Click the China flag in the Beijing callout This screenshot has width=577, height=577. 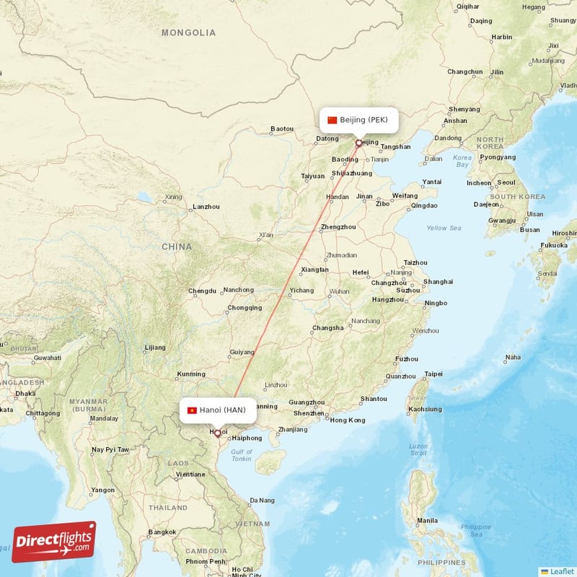(332, 120)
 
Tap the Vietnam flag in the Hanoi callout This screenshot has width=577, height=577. (192, 410)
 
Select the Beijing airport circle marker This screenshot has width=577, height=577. (358, 143)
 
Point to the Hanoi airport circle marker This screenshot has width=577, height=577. (217, 433)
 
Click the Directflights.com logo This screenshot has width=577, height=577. (54, 542)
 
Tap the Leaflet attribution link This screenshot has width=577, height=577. (561, 571)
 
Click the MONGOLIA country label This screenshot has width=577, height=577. (188, 32)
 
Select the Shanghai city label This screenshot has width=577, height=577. (438, 281)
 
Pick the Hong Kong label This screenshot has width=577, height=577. (347, 420)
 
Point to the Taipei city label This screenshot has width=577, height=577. (434, 374)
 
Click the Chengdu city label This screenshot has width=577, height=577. (202, 291)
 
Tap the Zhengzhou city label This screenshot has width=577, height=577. (338, 226)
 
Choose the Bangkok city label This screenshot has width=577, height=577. (161, 532)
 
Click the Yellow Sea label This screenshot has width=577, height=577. (443, 228)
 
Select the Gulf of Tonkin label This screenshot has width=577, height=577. (242, 455)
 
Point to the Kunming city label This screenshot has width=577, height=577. (191, 374)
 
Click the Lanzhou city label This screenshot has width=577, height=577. (206, 206)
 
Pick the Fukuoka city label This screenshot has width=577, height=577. (554, 245)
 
